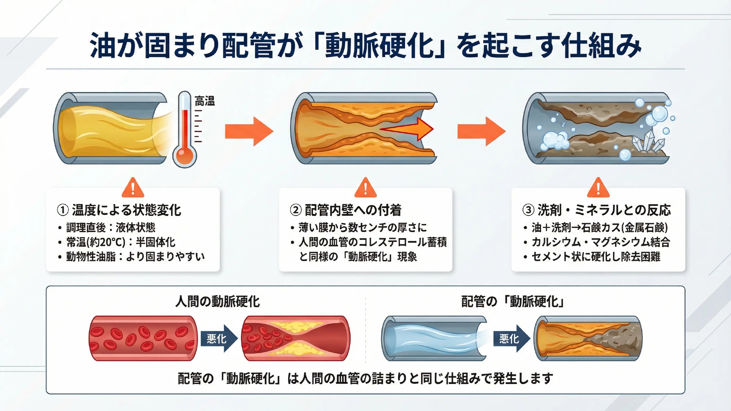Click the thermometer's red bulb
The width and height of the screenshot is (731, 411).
[x=185, y=155]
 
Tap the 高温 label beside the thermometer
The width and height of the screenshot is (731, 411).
[x=205, y=101]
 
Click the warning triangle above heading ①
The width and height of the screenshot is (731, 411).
[x=133, y=188]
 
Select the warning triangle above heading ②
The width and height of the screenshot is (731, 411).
[x=365, y=188]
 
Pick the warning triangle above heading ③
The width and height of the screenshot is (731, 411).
[x=598, y=188]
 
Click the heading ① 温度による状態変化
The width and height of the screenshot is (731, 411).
[x=119, y=210]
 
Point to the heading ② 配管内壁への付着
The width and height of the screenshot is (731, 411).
[x=346, y=210]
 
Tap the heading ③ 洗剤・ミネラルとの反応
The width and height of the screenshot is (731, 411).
[x=597, y=210]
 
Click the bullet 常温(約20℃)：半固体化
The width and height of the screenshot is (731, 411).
[x=121, y=242]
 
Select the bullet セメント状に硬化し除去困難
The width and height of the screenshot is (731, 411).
[x=596, y=256]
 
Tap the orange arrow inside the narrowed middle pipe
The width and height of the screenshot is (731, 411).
[x=409, y=129]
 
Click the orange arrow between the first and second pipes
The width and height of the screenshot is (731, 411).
[x=249, y=131]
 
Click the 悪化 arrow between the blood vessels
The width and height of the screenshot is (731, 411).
[x=219, y=339]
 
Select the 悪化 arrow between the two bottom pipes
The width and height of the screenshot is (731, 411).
[x=511, y=339]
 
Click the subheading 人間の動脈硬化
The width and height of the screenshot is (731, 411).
[x=217, y=301]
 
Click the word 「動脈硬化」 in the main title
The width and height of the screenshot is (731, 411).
[x=380, y=46]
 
